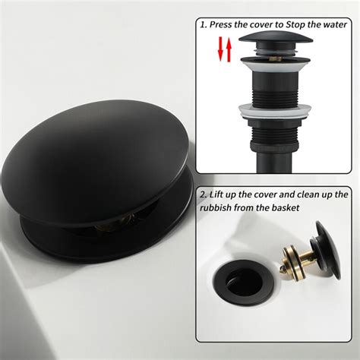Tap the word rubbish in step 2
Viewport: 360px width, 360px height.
tap(221, 207)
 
